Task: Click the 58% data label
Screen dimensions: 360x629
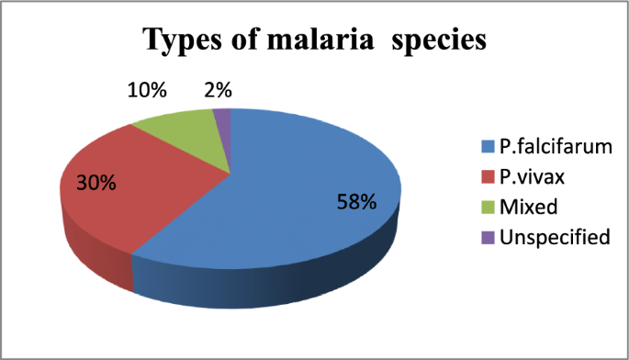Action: (x=354, y=202)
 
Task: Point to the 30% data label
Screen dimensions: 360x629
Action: (x=95, y=182)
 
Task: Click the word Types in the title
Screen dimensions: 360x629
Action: (x=185, y=41)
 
